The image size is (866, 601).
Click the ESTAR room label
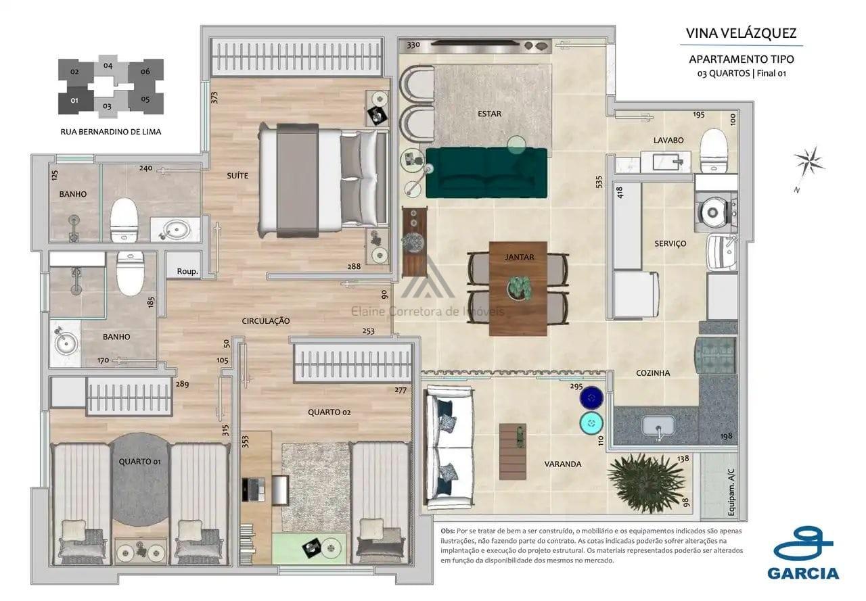pos(489,114)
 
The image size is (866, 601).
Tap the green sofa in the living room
pos(486,172)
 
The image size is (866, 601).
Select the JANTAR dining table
pos(518,289)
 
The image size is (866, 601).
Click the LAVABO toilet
pos(713,149)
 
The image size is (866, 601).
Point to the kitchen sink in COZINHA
pos(657,426)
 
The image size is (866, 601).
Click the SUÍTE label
pos(237,176)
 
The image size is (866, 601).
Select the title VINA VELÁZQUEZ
pos(741,33)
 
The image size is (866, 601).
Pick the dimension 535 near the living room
pos(599,182)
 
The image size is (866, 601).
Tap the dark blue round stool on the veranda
pos(591,398)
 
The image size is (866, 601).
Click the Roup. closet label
pos(187,271)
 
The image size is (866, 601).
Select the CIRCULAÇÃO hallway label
pos(266,320)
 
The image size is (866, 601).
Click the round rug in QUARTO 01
pos(140,479)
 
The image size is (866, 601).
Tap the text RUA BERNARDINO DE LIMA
pos(111,132)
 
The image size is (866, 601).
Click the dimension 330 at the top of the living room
pos(413,45)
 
